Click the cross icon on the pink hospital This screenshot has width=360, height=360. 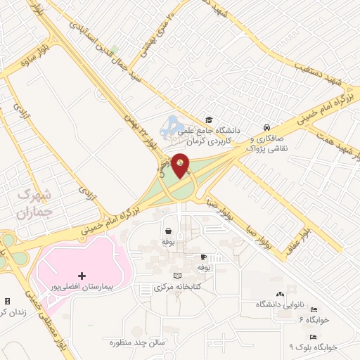coord(82,275)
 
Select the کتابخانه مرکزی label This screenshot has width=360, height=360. coord(178,288)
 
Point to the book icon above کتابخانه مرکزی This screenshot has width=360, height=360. coord(177,275)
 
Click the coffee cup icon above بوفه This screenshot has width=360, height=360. coord(203,257)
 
